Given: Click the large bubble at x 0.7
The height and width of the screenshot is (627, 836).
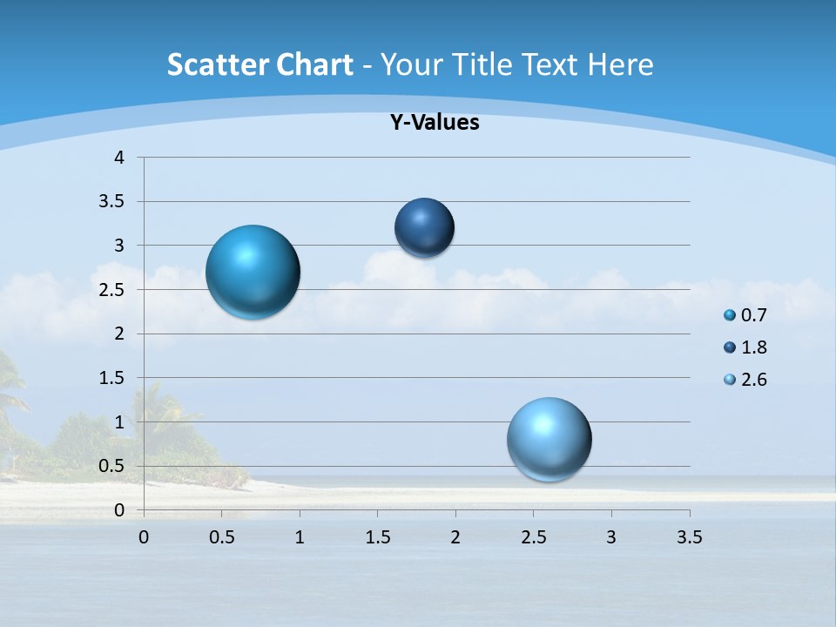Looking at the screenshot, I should click(x=253, y=272).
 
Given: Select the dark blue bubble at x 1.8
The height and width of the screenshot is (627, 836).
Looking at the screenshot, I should click(x=424, y=227).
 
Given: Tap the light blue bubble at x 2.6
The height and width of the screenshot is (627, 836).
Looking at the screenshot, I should click(x=549, y=439).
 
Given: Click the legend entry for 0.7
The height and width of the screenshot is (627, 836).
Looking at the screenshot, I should click(x=745, y=315).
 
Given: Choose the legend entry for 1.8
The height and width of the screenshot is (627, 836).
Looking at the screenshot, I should click(x=745, y=347).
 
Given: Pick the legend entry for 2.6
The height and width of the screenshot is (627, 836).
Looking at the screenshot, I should click(x=745, y=380).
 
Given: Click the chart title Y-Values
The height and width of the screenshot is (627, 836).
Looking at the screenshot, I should click(x=434, y=123).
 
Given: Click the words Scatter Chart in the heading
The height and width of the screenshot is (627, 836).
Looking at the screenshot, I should click(x=260, y=64).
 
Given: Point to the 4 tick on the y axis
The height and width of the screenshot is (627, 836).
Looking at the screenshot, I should click(x=120, y=158).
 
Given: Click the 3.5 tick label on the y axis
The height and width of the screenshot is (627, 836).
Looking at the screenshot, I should click(x=112, y=201).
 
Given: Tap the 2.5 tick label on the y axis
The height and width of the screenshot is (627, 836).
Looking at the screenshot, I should click(x=112, y=289).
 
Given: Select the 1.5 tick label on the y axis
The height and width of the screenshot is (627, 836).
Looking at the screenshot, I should click(x=112, y=378).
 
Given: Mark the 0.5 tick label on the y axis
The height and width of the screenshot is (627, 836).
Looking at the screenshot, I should click(x=112, y=466).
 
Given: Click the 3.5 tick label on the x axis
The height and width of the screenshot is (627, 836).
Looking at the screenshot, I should click(x=689, y=537).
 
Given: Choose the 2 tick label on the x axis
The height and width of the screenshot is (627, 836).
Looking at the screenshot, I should click(x=455, y=537).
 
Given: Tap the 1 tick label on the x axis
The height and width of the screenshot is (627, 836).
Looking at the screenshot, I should click(x=300, y=537).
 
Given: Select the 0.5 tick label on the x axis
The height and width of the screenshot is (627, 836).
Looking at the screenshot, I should click(x=221, y=537).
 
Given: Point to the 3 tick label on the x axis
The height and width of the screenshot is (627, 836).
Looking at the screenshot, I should click(x=611, y=537).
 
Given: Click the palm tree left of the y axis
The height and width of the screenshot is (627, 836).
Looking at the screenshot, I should click(x=12, y=392).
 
